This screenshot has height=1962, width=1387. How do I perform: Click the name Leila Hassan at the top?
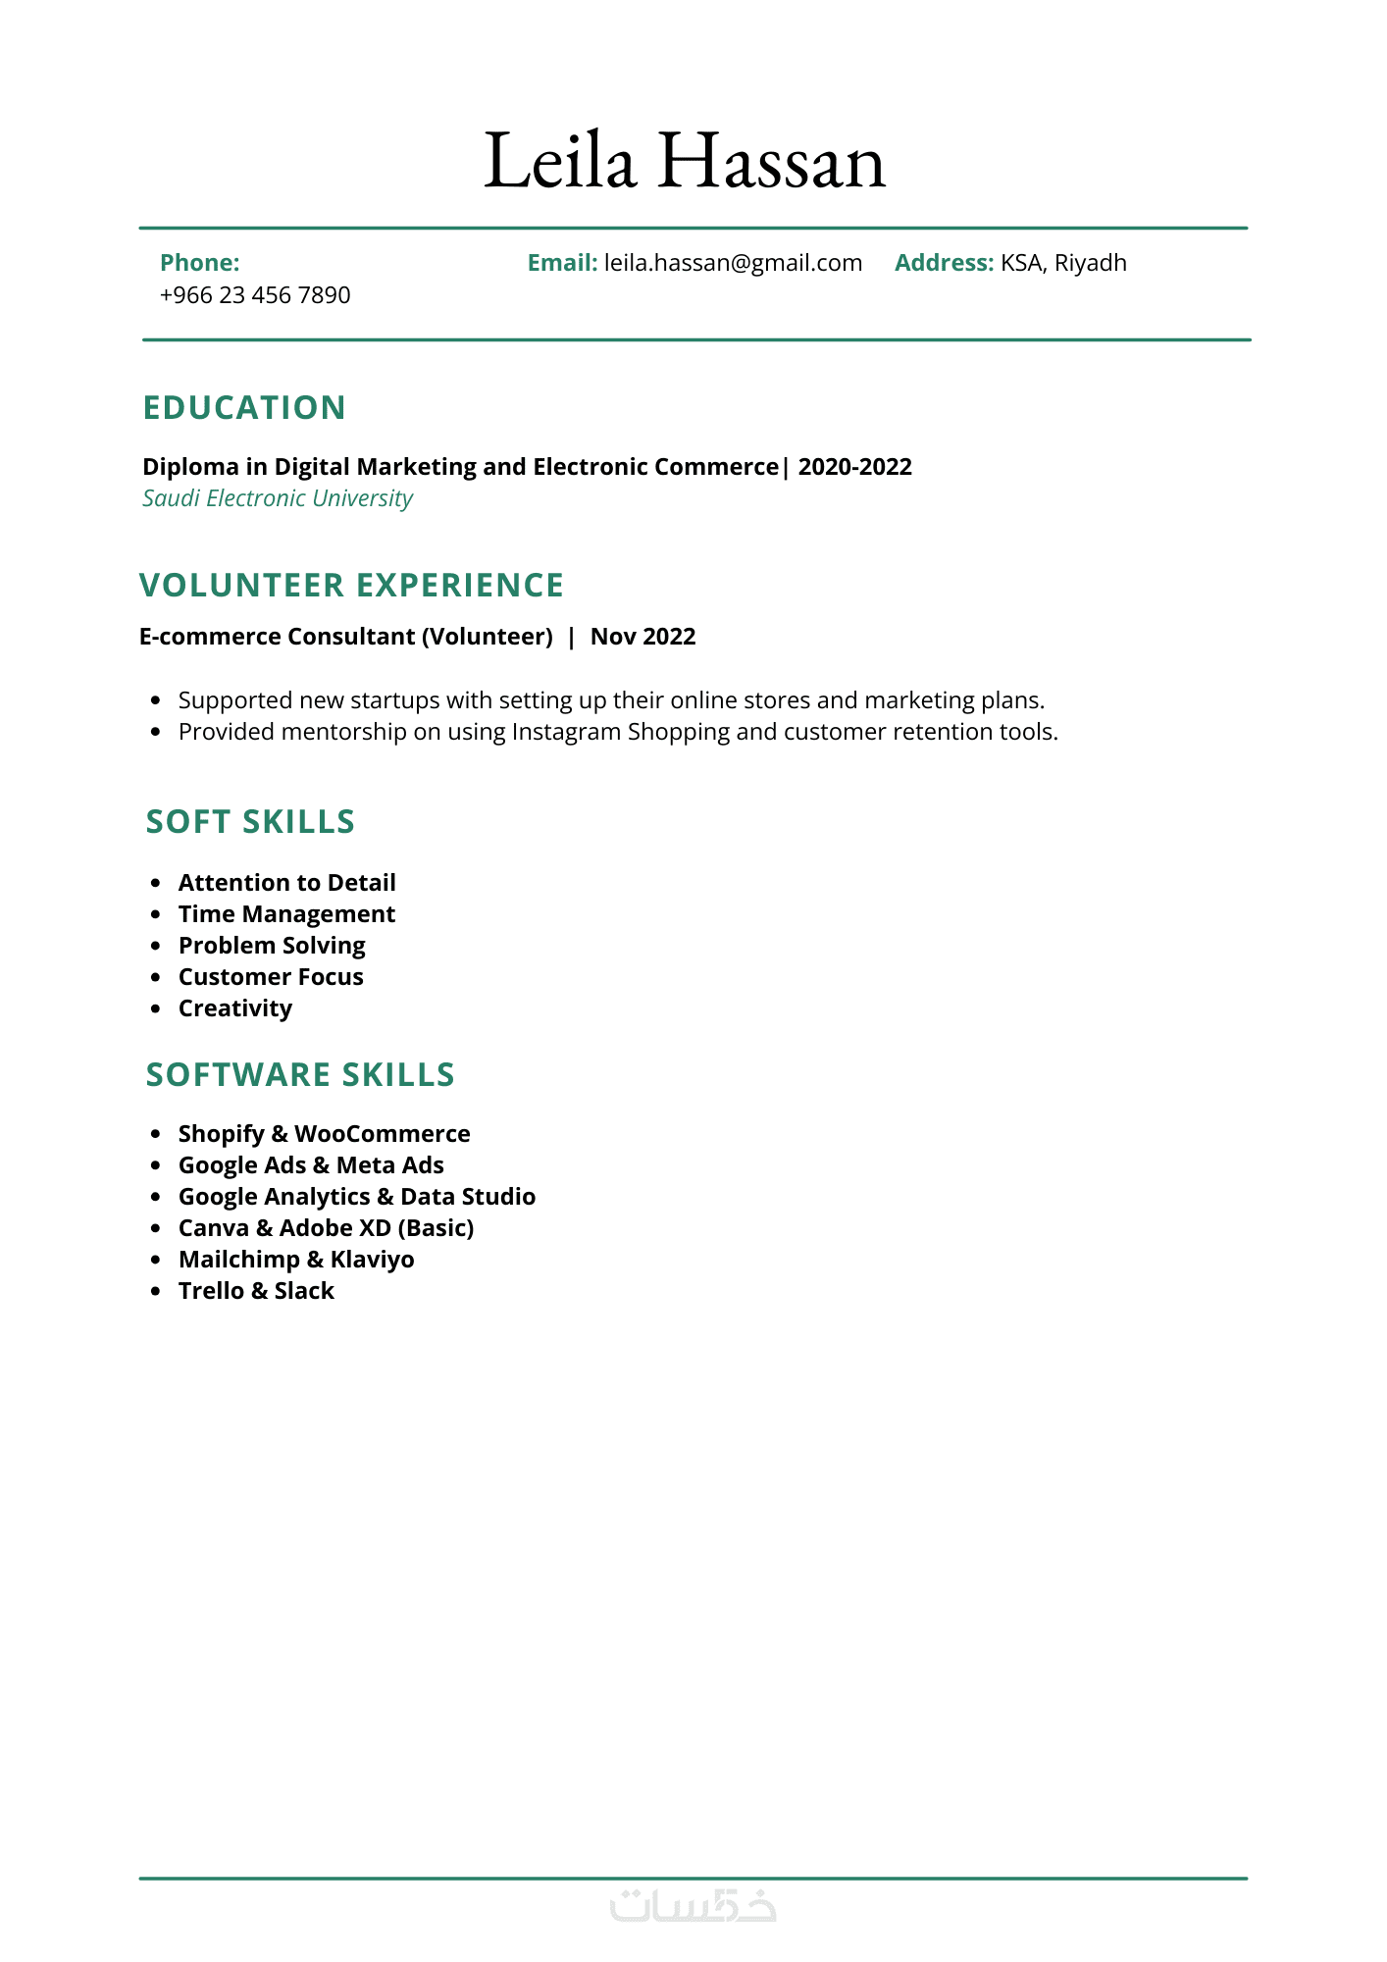coord(685,162)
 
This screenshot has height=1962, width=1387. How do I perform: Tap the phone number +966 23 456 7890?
coord(255,295)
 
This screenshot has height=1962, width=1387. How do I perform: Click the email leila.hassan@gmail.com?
coord(733,263)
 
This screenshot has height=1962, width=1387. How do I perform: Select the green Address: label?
coord(944,263)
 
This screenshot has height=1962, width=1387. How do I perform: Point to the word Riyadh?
coord(1091,263)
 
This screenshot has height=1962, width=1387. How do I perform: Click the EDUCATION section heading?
coord(244,408)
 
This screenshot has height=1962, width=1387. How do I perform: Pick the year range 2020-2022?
coord(855,467)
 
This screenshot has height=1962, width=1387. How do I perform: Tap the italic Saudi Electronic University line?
coord(278,498)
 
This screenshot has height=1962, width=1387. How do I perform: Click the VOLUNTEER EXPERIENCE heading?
coord(351,586)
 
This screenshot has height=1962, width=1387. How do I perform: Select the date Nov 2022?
coord(642,637)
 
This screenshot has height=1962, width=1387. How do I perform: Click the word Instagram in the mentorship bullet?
coord(566,732)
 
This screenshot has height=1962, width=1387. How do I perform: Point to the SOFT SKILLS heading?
coord(250,822)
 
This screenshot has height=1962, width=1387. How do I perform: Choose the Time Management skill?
coord(286,914)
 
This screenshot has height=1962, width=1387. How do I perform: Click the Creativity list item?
coord(235,1008)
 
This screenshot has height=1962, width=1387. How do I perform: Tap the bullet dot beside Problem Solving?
coord(155,946)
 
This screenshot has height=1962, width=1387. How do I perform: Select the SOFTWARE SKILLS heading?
coord(300,1075)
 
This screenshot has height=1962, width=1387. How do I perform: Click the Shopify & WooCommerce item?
coord(324,1134)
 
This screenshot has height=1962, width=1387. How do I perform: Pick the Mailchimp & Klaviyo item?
coord(296,1260)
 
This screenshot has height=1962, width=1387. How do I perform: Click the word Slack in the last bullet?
coord(304,1291)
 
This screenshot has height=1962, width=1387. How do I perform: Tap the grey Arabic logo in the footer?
coord(693,1906)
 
